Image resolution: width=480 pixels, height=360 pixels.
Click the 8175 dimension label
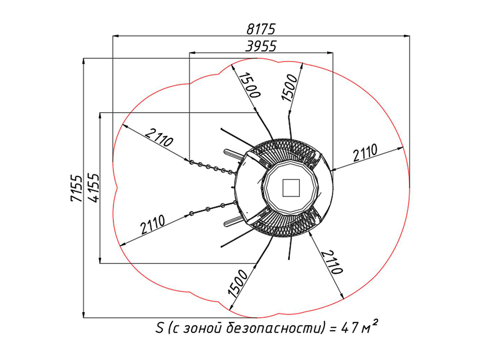(261, 29)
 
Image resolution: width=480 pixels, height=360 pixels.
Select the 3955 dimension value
(261, 46)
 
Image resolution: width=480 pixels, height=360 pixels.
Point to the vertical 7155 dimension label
(76, 188)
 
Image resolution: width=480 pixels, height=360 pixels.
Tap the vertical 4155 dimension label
(94, 188)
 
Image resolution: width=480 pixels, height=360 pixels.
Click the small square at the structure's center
(291, 188)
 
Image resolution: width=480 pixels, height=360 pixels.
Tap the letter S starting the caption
(159, 328)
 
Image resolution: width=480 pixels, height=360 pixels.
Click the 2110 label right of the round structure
(365, 153)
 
